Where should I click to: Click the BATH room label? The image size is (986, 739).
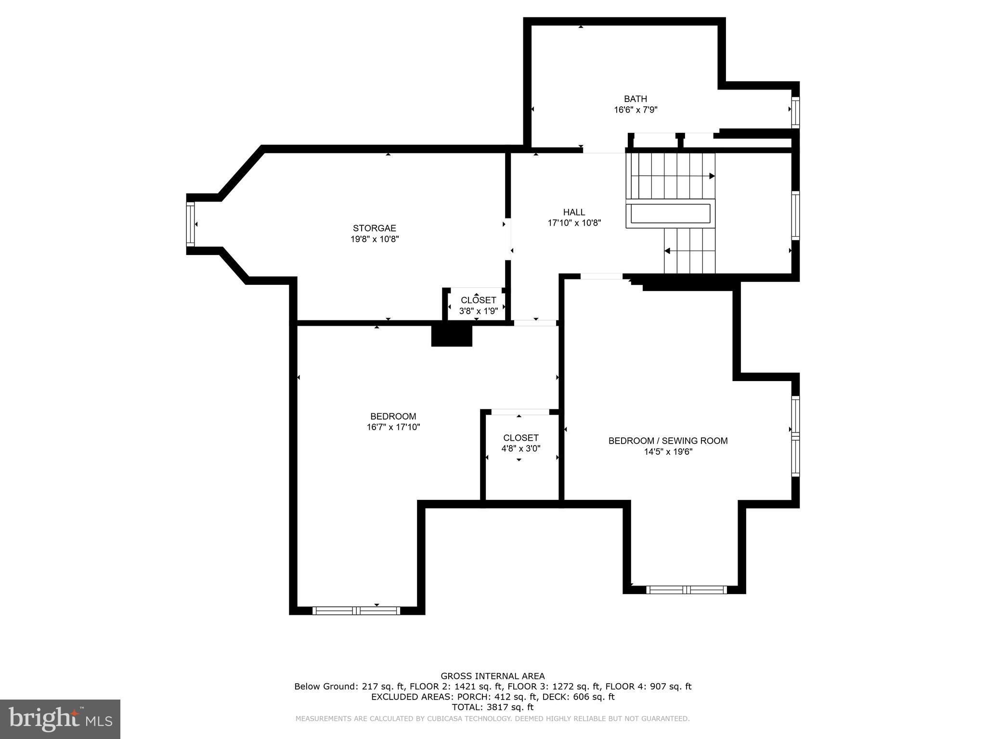pyautogui.click(x=636, y=99)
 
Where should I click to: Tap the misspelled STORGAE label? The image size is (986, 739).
pyautogui.click(x=375, y=228)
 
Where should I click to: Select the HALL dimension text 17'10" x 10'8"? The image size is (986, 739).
pyautogui.click(x=574, y=223)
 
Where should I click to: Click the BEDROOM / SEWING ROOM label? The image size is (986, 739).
pyautogui.click(x=668, y=441)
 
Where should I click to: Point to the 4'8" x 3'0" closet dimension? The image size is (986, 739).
pyautogui.click(x=521, y=448)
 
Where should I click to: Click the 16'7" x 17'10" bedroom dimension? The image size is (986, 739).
pyautogui.click(x=393, y=427)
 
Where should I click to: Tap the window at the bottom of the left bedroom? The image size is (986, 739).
pyautogui.click(x=356, y=611)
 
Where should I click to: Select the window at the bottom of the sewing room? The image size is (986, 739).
pyautogui.click(x=686, y=590)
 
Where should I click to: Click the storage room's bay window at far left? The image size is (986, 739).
pyautogui.click(x=191, y=225)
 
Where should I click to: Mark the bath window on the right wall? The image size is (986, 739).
pyautogui.click(x=795, y=113)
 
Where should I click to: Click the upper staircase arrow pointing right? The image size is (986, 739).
pyautogui.click(x=712, y=176)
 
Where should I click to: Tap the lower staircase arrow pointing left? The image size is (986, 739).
pyautogui.click(x=667, y=251)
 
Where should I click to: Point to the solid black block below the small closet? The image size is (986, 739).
pyautogui.click(x=452, y=335)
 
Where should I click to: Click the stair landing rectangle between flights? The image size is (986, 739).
pyautogui.click(x=671, y=214)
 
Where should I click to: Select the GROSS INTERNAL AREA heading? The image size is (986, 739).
pyautogui.click(x=493, y=676)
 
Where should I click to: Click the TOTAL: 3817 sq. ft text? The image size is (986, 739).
pyautogui.click(x=493, y=707)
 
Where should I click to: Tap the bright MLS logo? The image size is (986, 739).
pyautogui.click(x=60, y=719)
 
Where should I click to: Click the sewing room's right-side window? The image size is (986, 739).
pyautogui.click(x=795, y=436)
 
